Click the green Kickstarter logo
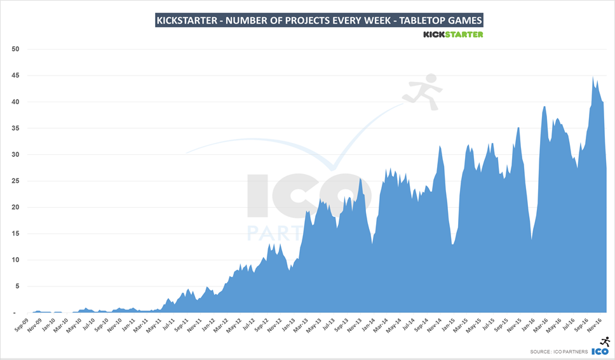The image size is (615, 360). [x=453, y=34]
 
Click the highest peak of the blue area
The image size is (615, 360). [x=593, y=77]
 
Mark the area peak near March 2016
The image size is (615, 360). [x=544, y=107]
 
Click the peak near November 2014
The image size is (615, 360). [x=440, y=146]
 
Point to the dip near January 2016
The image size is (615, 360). [x=532, y=239]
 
